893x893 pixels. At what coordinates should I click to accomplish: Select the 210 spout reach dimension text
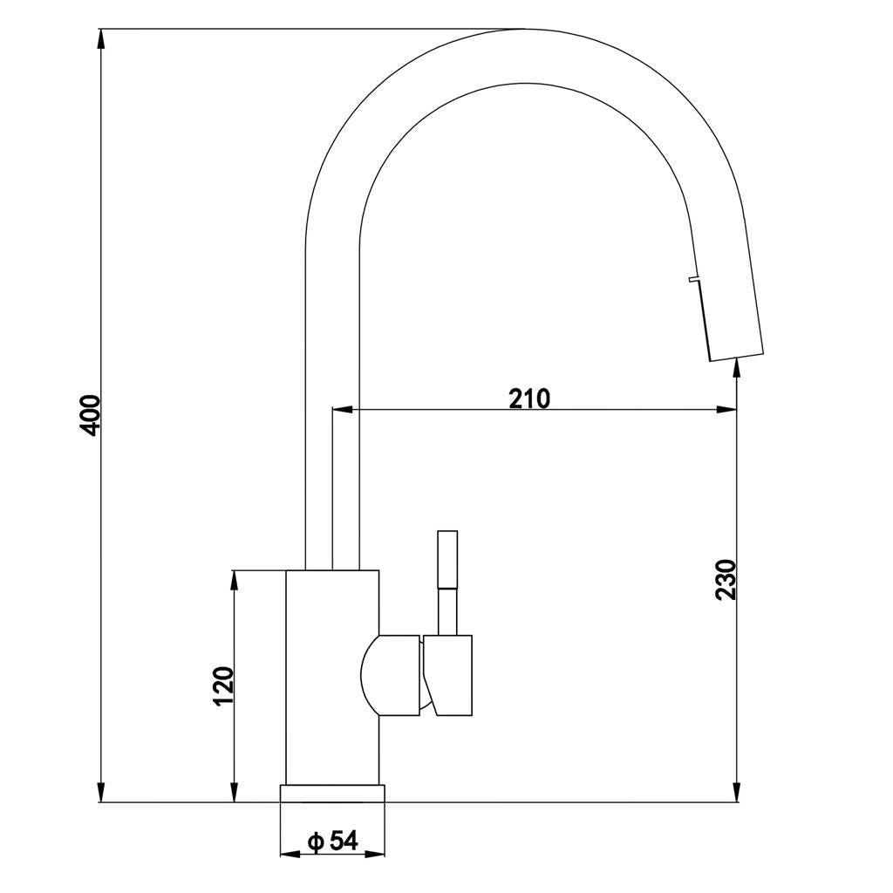point(529,399)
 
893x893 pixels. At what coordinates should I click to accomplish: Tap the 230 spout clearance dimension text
point(726,579)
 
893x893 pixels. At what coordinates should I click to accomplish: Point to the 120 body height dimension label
point(223,686)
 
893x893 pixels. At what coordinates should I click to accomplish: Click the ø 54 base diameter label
point(332,841)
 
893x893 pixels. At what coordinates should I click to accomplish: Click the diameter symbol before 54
point(316,842)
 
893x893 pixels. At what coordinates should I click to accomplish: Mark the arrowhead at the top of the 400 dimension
point(103,37)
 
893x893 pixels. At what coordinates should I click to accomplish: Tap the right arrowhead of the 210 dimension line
point(726,409)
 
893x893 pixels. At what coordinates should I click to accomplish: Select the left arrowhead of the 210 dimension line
point(342,409)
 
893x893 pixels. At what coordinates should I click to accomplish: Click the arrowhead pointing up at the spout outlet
point(738,367)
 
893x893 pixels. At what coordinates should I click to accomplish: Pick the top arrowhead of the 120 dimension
point(234,580)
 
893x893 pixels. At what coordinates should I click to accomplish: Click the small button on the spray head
point(693,279)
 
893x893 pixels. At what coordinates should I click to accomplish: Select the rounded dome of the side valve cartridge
point(371,676)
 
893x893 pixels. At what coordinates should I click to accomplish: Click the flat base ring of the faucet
point(332,793)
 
